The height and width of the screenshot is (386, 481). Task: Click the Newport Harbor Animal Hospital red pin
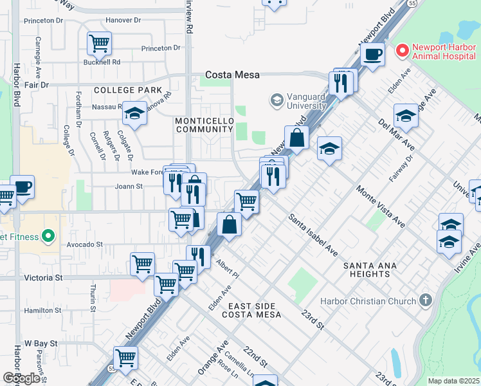click(403, 50)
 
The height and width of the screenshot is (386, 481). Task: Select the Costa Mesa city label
click(232, 75)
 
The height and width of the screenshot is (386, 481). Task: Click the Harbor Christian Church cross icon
click(424, 300)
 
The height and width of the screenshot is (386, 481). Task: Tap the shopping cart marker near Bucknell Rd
click(99, 44)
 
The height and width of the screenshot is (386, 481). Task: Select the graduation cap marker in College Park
click(134, 113)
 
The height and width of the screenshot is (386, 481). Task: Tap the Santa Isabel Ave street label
click(313, 235)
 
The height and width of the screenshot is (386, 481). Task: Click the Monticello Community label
click(203, 125)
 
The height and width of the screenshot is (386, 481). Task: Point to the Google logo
click(22, 378)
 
